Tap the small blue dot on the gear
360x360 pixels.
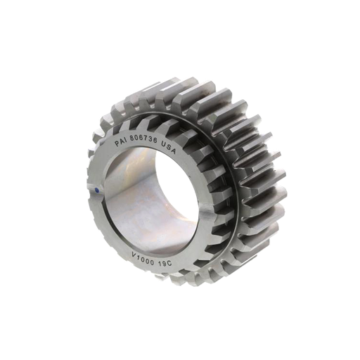click(96, 188)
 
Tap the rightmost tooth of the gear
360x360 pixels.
click(278, 169)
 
